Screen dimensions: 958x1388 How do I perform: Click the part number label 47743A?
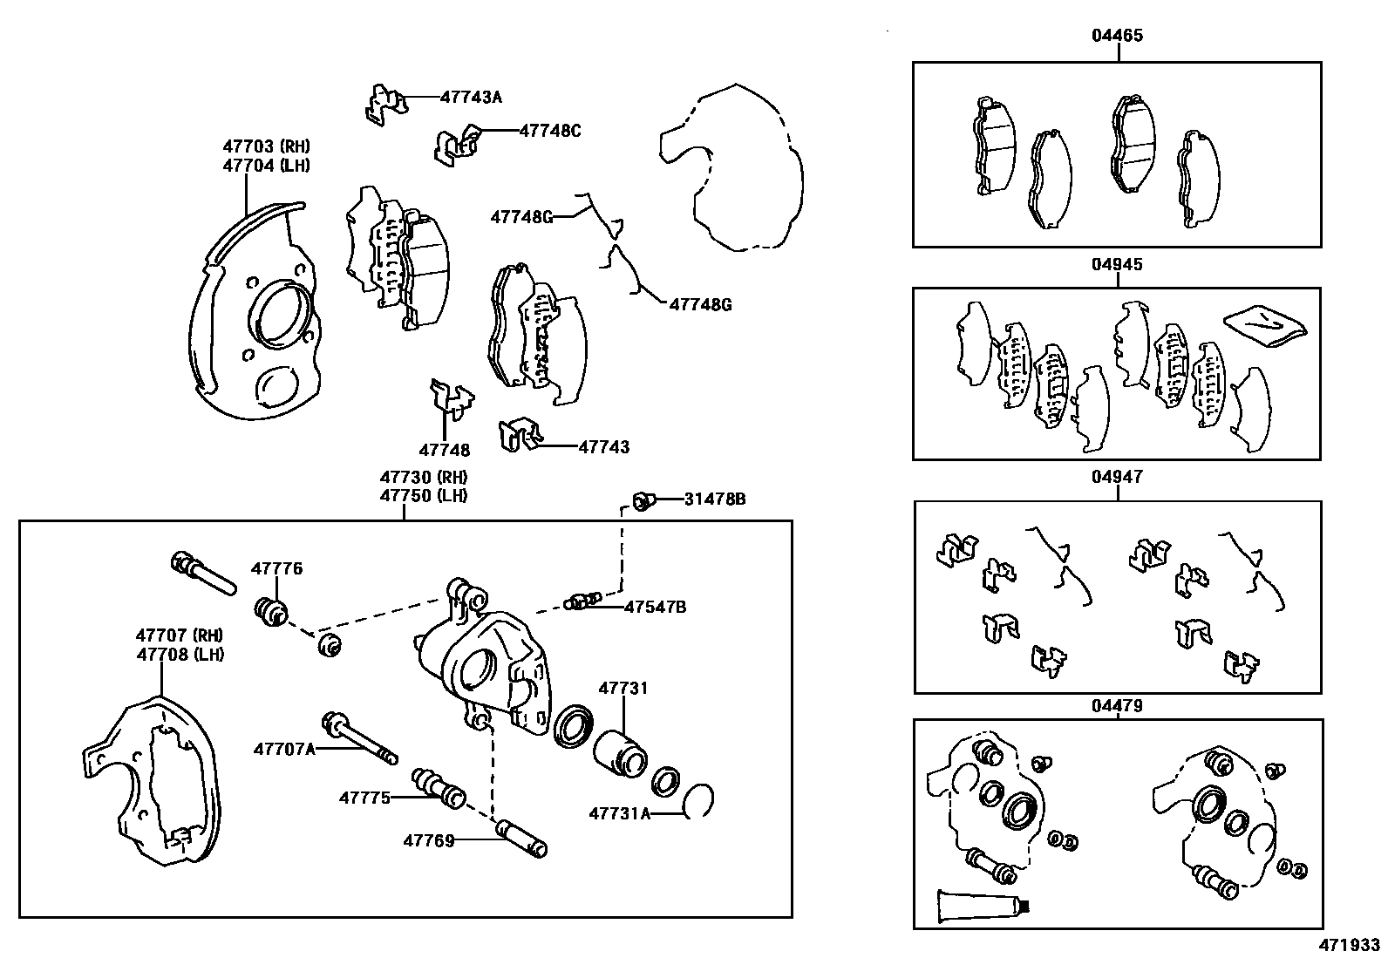[471, 97]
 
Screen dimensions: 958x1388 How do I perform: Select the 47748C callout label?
[550, 131]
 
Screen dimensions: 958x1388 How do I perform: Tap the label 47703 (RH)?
[266, 146]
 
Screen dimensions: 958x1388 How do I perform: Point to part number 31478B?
[715, 499]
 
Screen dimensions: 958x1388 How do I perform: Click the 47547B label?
[655, 607]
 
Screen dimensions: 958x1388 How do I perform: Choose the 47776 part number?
[276, 568]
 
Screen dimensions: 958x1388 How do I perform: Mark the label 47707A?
[284, 749]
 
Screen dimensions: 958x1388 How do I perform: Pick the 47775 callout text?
[364, 797]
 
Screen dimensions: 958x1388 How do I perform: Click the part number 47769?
[428, 841]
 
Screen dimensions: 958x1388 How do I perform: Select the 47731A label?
[620, 813]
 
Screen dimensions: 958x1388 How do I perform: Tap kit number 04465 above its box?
[1117, 36]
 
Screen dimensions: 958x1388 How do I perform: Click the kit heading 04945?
[1117, 264]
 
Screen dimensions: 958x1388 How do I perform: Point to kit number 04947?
[1117, 477]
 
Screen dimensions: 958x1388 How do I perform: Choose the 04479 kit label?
[1117, 705]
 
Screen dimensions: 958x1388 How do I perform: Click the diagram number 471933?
[1349, 945]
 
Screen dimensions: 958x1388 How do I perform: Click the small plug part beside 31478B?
[643, 501]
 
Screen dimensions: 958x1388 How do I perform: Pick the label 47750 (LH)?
[423, 495]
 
